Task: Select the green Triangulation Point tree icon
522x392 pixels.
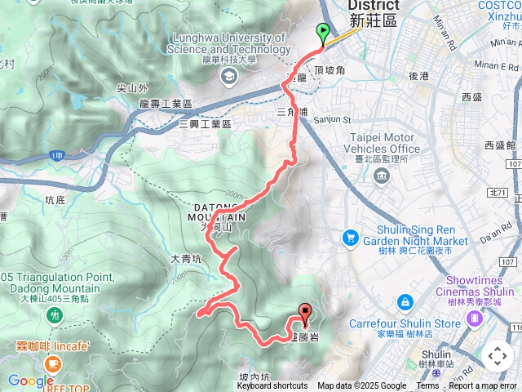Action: pyautogui.click(x=54, y=314)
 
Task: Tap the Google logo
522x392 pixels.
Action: pyautogui.click(x=30, y=381)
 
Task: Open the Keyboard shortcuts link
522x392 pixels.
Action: pyautogui.click(x=272, y=386)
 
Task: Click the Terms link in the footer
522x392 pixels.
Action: pyautogui.click(x=427, y=386)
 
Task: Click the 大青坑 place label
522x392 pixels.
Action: pyautogui.click(x=185, y=259)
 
